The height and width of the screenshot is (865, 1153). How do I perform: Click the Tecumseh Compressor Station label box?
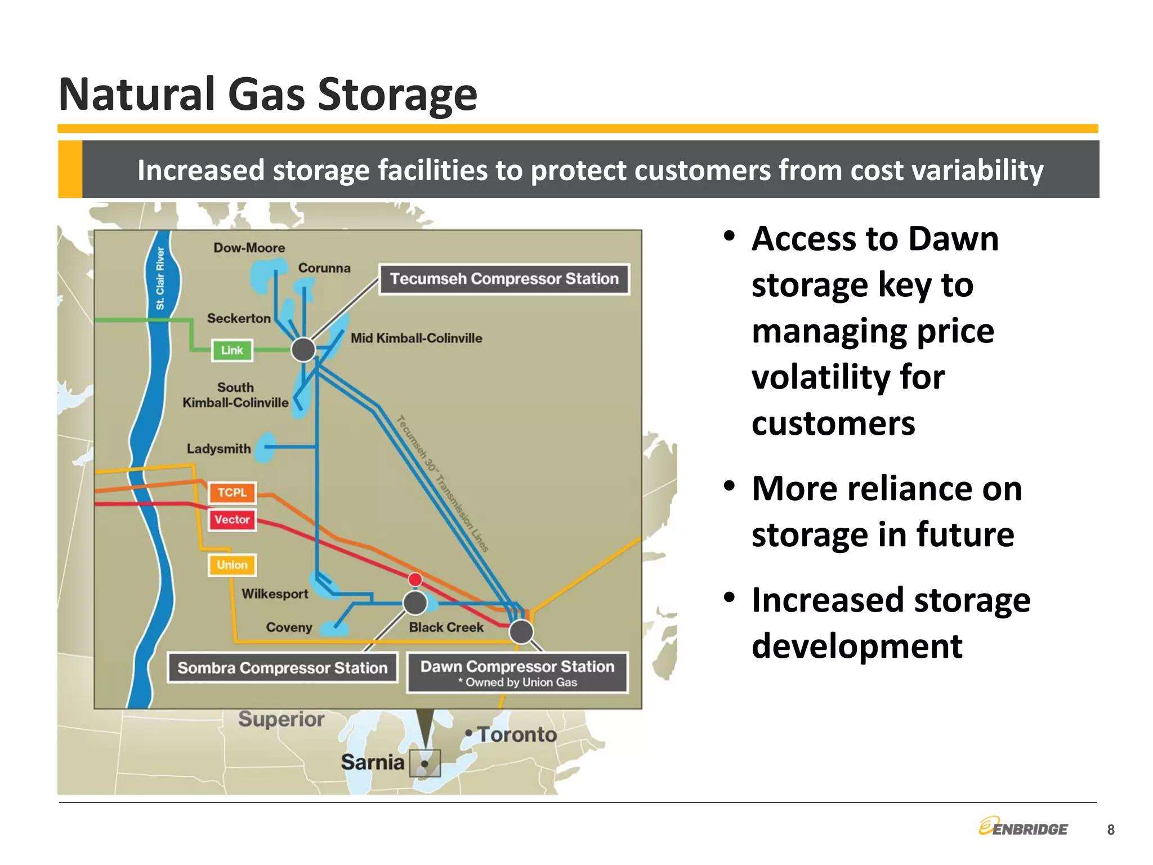click(x=504, y=279)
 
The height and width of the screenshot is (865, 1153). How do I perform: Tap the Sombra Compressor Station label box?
click(x=283, y=668)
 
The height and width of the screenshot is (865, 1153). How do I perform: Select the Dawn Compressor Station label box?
click(x=517, y=672)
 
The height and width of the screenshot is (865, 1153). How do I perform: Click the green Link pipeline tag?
click(x=232, y=350)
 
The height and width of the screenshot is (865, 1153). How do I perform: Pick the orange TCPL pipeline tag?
click(x=232, y=492)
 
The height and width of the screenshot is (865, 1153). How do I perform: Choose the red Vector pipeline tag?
click(x=232, y=519)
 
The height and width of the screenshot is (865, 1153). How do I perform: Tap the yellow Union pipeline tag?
click(x=232, y=565)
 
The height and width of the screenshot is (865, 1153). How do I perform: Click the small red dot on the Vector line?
click(x=415, y=579)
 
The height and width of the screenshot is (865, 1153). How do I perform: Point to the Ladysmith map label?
click(x=218, y=449)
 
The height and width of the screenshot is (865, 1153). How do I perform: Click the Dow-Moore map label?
click(x=249, y=248)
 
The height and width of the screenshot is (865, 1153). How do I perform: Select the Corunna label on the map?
click(x=324, y=268)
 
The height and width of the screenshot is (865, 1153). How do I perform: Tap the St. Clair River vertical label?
click(x=160, y=279)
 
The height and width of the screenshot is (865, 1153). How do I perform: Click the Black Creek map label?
click(x=446, y=627)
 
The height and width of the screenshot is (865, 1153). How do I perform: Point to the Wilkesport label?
click(x=275, y=594)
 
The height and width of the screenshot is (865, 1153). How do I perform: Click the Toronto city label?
click(x=517, y=734)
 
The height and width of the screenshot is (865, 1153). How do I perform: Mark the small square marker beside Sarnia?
click(x=424, y=764)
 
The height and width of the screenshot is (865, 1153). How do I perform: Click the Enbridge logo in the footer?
click(x=1023, y=827)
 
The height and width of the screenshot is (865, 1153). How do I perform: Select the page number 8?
click(x=1110, y=830)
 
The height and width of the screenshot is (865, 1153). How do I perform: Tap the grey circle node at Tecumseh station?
click(x=303, y=350)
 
